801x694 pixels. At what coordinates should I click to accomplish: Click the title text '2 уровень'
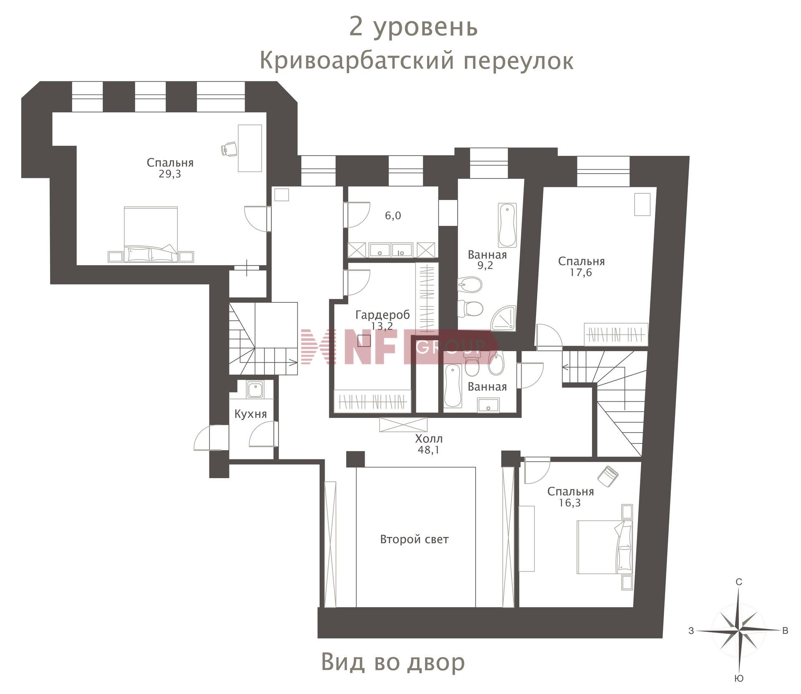coord(413,28)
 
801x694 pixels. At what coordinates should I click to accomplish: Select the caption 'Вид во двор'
coord(393,662)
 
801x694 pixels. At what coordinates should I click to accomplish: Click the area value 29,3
coord(170,174)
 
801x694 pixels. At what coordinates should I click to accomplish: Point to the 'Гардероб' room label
coord(382,314)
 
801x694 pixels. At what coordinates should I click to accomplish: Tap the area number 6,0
coord(393,216)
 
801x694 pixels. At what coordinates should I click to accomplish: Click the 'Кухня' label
coord(250,414)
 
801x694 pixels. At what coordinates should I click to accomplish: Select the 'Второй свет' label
coord(414,539)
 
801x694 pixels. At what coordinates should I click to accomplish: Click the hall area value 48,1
coord(428,450)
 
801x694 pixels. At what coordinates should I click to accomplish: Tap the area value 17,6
coord(581,273)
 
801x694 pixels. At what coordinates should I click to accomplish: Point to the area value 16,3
coord(570,503)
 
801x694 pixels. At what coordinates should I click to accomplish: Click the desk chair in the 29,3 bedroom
coord(229,149)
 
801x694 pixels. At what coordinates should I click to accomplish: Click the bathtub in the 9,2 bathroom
coord(507,225)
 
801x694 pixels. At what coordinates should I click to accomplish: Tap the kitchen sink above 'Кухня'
coord(254,390)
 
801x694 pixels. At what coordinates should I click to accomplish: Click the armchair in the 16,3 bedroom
coord(608,476)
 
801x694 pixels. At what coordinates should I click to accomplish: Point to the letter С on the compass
coord(739,582)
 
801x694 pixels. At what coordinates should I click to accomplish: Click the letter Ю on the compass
coord(739,679)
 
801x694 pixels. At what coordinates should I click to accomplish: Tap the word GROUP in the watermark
coord(451,346)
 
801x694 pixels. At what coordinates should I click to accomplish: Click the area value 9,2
coord(485,266)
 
